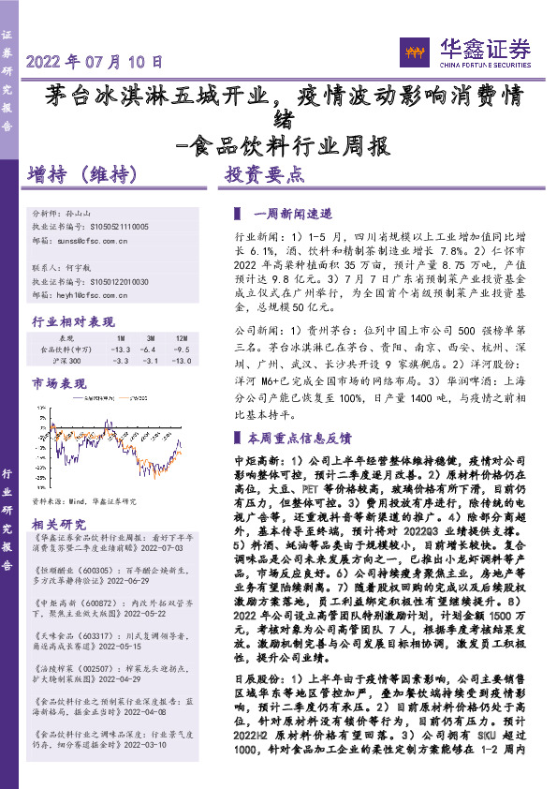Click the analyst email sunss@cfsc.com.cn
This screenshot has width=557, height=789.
pos(90,240)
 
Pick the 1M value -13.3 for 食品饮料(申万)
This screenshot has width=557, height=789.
pos(120,349)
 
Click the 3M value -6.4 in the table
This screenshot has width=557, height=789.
pos(149,349)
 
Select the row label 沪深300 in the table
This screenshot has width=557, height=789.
pos(67,361)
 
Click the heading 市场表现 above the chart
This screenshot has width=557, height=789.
pos(60,384)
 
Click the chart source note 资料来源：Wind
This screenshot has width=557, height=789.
pos(84,502)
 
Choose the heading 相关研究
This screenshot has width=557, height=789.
pos(60,524)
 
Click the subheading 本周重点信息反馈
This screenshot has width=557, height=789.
pos(298,438)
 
